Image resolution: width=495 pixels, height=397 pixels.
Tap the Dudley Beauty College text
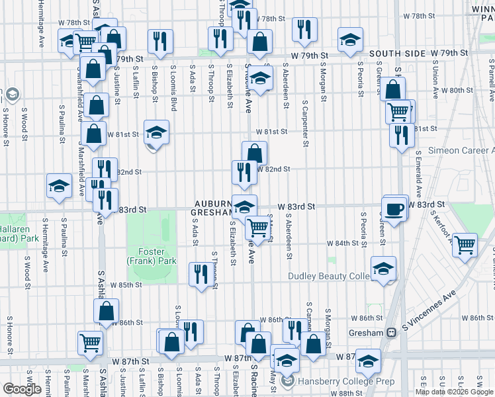point(328,276)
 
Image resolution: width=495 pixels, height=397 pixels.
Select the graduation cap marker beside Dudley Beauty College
point(383,269)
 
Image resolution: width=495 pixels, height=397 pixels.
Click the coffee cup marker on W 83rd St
point(395,209)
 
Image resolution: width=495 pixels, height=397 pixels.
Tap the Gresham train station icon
point(392,332)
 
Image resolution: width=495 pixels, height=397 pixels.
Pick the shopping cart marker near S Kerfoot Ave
point(466,245)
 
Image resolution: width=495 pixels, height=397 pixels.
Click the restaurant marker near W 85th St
point(201,274)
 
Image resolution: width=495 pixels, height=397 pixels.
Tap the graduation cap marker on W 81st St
point(157,132)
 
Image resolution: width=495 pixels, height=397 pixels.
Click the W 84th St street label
point(346,243)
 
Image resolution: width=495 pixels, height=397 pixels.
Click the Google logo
point(22,389)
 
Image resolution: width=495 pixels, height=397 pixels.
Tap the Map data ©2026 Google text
point(454,392)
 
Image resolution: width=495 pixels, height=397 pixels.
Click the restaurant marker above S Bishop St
point(159,42)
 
